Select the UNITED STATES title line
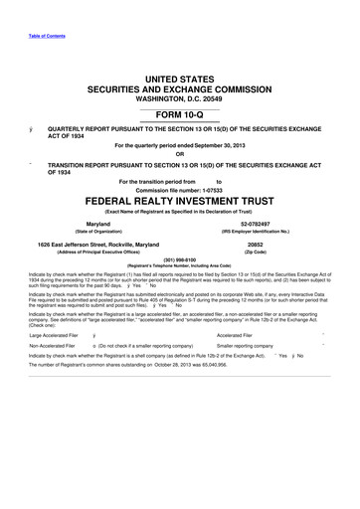[179, 78]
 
